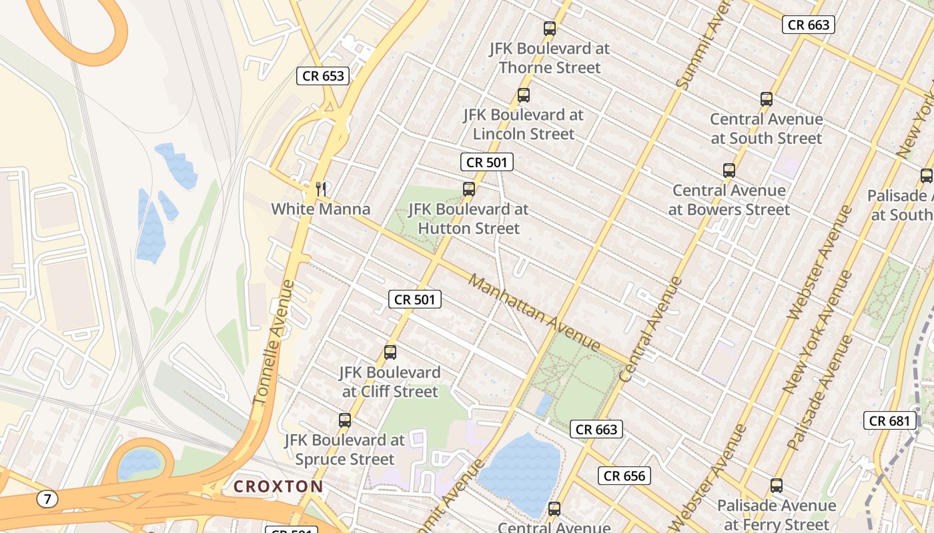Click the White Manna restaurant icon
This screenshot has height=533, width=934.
[321, 189]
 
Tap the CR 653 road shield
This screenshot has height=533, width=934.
[324, 76]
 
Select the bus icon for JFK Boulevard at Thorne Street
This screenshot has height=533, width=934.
[550, 29]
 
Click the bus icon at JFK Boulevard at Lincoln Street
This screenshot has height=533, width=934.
[524, 95]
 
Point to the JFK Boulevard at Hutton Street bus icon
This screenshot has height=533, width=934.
[469, 189]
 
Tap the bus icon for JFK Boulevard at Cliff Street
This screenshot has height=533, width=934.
[390, 352]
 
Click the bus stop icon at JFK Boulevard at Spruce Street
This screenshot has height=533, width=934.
[345, 420]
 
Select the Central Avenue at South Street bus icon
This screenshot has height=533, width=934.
[767, 99]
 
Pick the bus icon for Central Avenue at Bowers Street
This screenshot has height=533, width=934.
[729, 171]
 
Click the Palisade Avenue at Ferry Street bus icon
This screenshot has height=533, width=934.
[777, 486]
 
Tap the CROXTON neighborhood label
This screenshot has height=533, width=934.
[278, 486]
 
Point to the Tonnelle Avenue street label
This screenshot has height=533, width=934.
[273, 342]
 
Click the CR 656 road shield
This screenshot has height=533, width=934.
[624, 476]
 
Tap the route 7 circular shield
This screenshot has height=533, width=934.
[47, 498]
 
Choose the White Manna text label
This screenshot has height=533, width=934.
[320, 209]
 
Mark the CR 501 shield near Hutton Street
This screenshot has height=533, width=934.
[486, 162]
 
